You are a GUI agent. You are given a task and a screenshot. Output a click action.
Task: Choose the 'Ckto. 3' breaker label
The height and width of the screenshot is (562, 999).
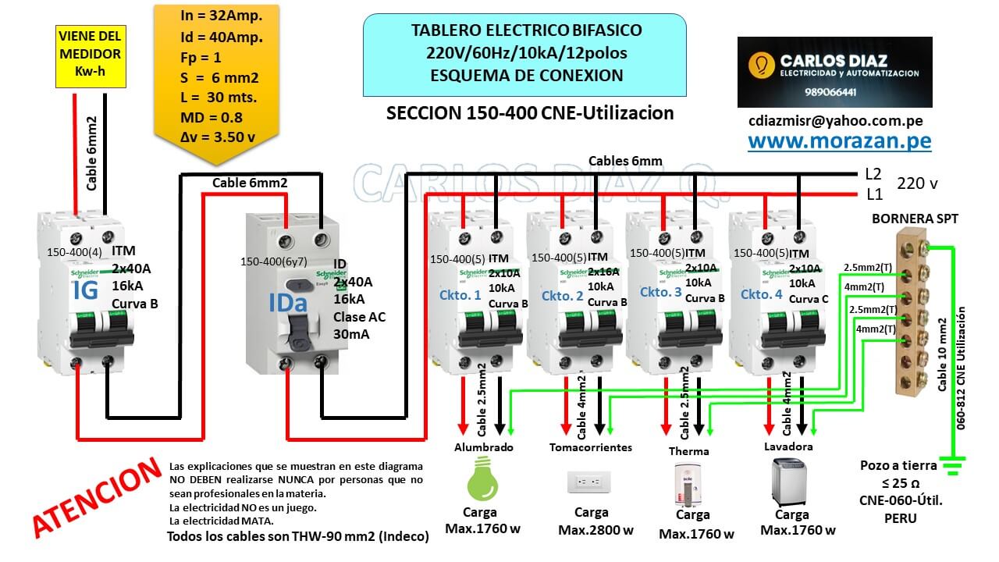pyautogui.click(x=661, y=292)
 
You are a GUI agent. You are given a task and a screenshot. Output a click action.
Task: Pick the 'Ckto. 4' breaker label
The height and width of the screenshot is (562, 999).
pyautogui.click(x=761, y=294)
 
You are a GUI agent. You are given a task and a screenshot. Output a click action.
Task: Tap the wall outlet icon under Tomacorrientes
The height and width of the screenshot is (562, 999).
pyautogui.click(x=589, y=482)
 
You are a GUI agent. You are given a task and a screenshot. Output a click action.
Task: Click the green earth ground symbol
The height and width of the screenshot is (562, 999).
pyautogui.click(x=951, y=466)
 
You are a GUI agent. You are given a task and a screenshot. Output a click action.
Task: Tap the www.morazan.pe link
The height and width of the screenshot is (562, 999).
pyautogui.click(x=839, y=140)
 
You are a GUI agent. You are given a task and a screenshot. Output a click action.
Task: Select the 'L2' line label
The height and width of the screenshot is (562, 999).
pyautogui.click(x=873, y=174)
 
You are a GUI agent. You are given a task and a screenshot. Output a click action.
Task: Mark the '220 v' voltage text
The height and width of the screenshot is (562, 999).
pyautogui.click(x=918, y=183)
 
